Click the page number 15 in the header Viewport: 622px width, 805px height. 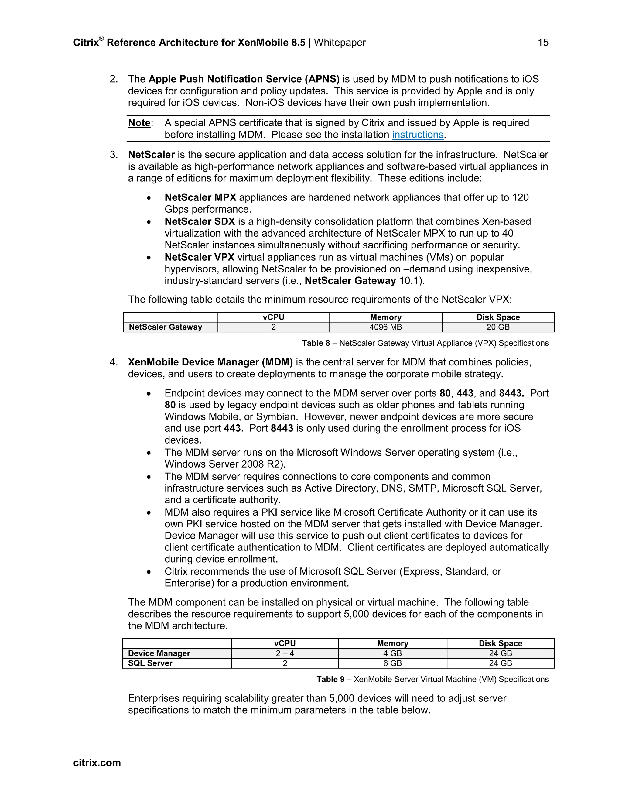(x=543, y=43)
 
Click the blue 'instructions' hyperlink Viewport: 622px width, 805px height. (x=418, y=135)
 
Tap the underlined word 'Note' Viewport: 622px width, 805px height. (x=139, y=123)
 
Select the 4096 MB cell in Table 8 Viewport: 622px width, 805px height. (x=385, y=327)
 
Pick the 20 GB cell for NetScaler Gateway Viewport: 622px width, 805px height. (x=498, y=327)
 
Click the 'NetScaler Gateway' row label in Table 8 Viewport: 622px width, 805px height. (x=166, y=327)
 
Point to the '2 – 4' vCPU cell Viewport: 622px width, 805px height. (x=285, y=653)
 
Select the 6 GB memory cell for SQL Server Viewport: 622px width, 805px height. (x=392, y=663)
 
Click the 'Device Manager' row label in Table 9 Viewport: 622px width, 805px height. (x=159, y=653)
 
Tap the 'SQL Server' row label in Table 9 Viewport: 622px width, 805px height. (x=150, y=663)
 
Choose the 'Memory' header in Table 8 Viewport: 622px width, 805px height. (x=385, y=317)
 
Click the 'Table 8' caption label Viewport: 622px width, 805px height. (x=316, y=343)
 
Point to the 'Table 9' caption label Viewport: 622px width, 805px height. (x=330, y=679)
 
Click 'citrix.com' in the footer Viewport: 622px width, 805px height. (x=97, y=762)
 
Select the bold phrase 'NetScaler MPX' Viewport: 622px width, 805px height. (x=200, y=197)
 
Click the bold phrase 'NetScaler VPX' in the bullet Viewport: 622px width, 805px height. (x=199, y=257)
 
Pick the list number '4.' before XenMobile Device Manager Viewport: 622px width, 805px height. (x=114, y=362)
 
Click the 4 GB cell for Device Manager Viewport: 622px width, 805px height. (x=392, y=653)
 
